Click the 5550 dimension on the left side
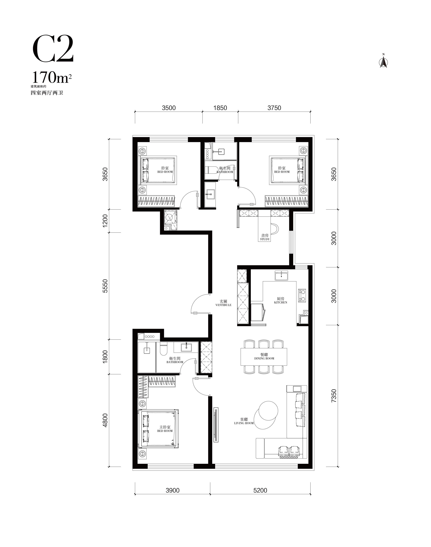point(105,286)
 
